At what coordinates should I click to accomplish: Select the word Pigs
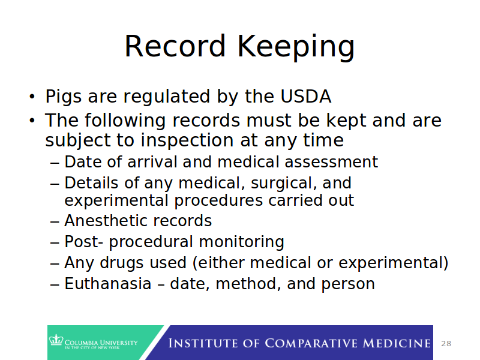pos(65,97)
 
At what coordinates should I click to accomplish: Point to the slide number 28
pos(446,344)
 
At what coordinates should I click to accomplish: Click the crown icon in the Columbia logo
pos(56,341)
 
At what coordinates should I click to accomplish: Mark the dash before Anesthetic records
pos(55,221)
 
